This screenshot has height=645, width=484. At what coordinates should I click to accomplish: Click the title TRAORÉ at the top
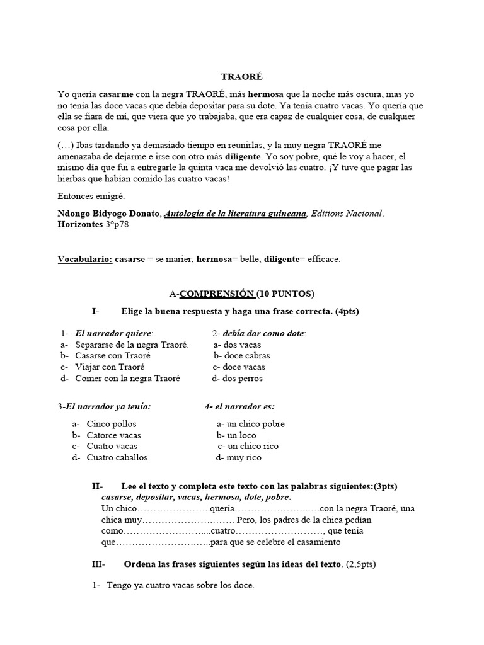(241, 77)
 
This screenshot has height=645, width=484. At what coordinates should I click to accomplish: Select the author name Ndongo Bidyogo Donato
(109, 214)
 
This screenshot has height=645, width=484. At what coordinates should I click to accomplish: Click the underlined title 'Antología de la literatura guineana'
(236, 214)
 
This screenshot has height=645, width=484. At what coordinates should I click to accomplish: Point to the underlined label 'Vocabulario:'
(84, 259)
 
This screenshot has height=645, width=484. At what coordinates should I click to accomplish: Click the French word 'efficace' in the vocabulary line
(323, 259)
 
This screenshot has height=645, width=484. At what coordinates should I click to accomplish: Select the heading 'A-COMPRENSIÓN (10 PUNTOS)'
(242, 294)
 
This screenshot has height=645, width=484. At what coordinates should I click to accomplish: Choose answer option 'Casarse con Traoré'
(112, 356)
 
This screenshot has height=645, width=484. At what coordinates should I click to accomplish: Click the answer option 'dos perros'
(242, 379)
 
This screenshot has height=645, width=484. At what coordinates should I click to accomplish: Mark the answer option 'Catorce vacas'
(113, 435)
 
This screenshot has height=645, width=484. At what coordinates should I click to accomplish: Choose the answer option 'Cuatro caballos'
(117, 458)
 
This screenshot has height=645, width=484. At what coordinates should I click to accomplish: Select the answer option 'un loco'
(240, 435)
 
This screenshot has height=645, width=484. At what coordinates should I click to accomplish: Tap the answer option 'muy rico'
(243, 458)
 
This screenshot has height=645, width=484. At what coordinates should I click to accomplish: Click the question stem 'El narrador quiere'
(113, 333)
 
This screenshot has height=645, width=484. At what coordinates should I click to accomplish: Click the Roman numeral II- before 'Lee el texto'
(97, 486)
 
